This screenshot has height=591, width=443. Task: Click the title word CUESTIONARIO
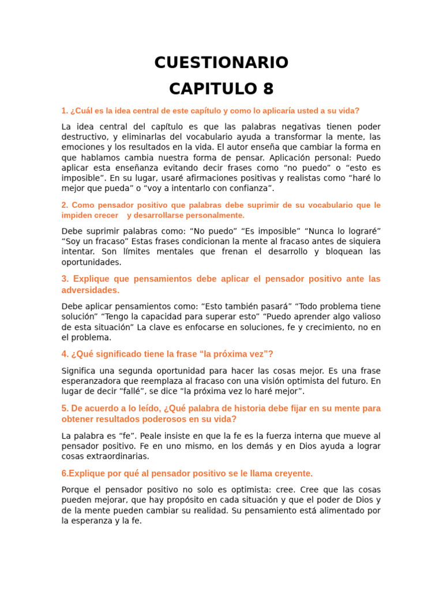[221, 62]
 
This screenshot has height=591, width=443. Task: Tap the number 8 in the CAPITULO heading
[267, 89]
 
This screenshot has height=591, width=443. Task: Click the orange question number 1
[64, 111]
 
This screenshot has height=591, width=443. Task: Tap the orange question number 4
[64, 354]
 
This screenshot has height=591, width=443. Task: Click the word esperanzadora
[91, 381]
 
